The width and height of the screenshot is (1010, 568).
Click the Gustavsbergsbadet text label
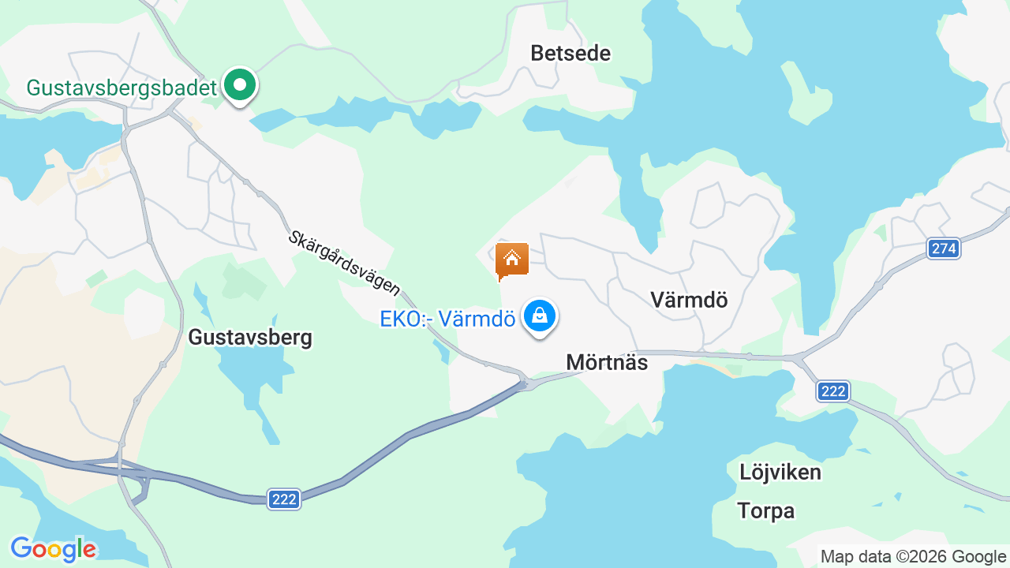click(x=121, y=88)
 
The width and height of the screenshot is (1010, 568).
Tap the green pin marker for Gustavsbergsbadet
click(x=239, y=84)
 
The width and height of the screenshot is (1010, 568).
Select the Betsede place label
click(x=570, y=54)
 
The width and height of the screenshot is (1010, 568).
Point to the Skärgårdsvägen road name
click(x=344, y=263)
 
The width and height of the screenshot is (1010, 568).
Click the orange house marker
click(x=511, y=260)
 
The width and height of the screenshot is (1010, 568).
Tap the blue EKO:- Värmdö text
click(x=447, y=319)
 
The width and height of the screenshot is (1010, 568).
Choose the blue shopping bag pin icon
click(x=540, y=316)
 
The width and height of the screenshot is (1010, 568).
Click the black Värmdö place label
click(x=689, y=300)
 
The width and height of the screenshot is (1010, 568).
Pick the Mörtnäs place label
click(x=607, y=363)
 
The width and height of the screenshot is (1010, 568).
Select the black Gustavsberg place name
click(x=250, y=338)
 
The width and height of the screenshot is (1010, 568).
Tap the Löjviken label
click(x=780, y=473)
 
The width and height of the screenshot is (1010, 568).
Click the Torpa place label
click(x=765, y=511)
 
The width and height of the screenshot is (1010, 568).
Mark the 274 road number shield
click(x=943, y=249)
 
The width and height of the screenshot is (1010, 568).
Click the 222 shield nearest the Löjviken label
click(x=832, y=391)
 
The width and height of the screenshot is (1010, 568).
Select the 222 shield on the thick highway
click(x=284, y=499)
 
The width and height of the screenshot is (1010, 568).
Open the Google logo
click(x=53, y=549)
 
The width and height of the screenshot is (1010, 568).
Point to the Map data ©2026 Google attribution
click(x=913, y=557)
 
